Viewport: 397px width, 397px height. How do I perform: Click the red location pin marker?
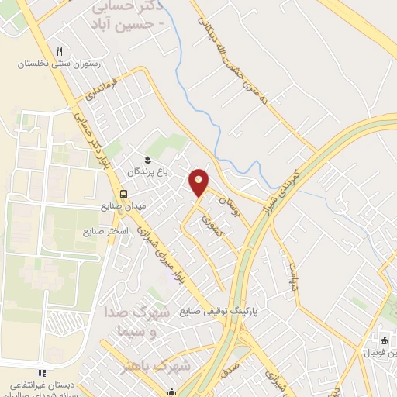[199, 182]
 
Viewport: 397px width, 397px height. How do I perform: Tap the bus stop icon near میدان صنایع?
[123, 194]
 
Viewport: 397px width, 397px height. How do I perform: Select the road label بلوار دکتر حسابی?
[90, 140]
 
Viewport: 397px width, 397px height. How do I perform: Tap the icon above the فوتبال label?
[383, 340]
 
